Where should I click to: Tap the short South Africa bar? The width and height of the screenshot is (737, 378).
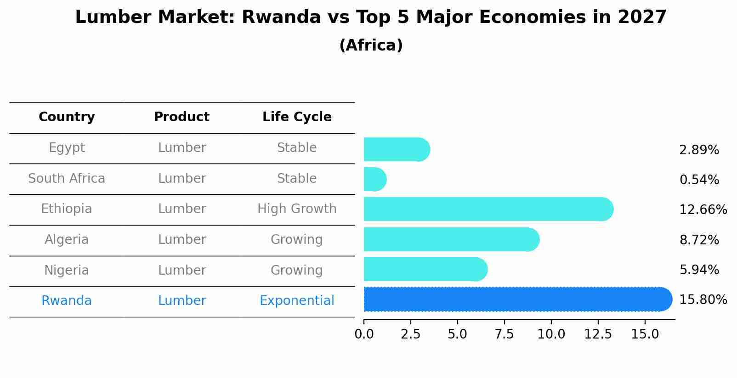(374, 179)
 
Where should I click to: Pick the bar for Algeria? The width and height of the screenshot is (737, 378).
(451, 239)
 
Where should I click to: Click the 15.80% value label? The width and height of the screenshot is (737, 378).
(703, 300)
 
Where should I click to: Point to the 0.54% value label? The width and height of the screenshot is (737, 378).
(699, 180)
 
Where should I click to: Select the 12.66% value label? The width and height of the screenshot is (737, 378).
(703, 210)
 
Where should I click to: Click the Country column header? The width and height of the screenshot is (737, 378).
(67, 117)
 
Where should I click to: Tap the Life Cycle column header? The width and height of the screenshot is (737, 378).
(297, 117)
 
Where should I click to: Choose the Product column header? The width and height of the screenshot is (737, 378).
(181, 117)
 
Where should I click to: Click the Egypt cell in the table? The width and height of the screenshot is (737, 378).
(67, 148)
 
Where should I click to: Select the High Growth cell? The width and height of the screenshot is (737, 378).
(297, 209)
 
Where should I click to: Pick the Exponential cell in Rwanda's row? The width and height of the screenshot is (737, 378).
(297, 301)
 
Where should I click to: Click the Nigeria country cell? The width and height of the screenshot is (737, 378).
(67, 270)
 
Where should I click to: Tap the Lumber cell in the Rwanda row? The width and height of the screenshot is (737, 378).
(182, 301)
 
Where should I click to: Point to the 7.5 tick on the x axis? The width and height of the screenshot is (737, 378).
(504, 334)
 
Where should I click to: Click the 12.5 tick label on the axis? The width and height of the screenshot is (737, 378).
(598, 334)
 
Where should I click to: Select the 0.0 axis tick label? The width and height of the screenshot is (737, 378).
(364, 334)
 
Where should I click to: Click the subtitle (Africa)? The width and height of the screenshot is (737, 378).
(371, 45)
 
